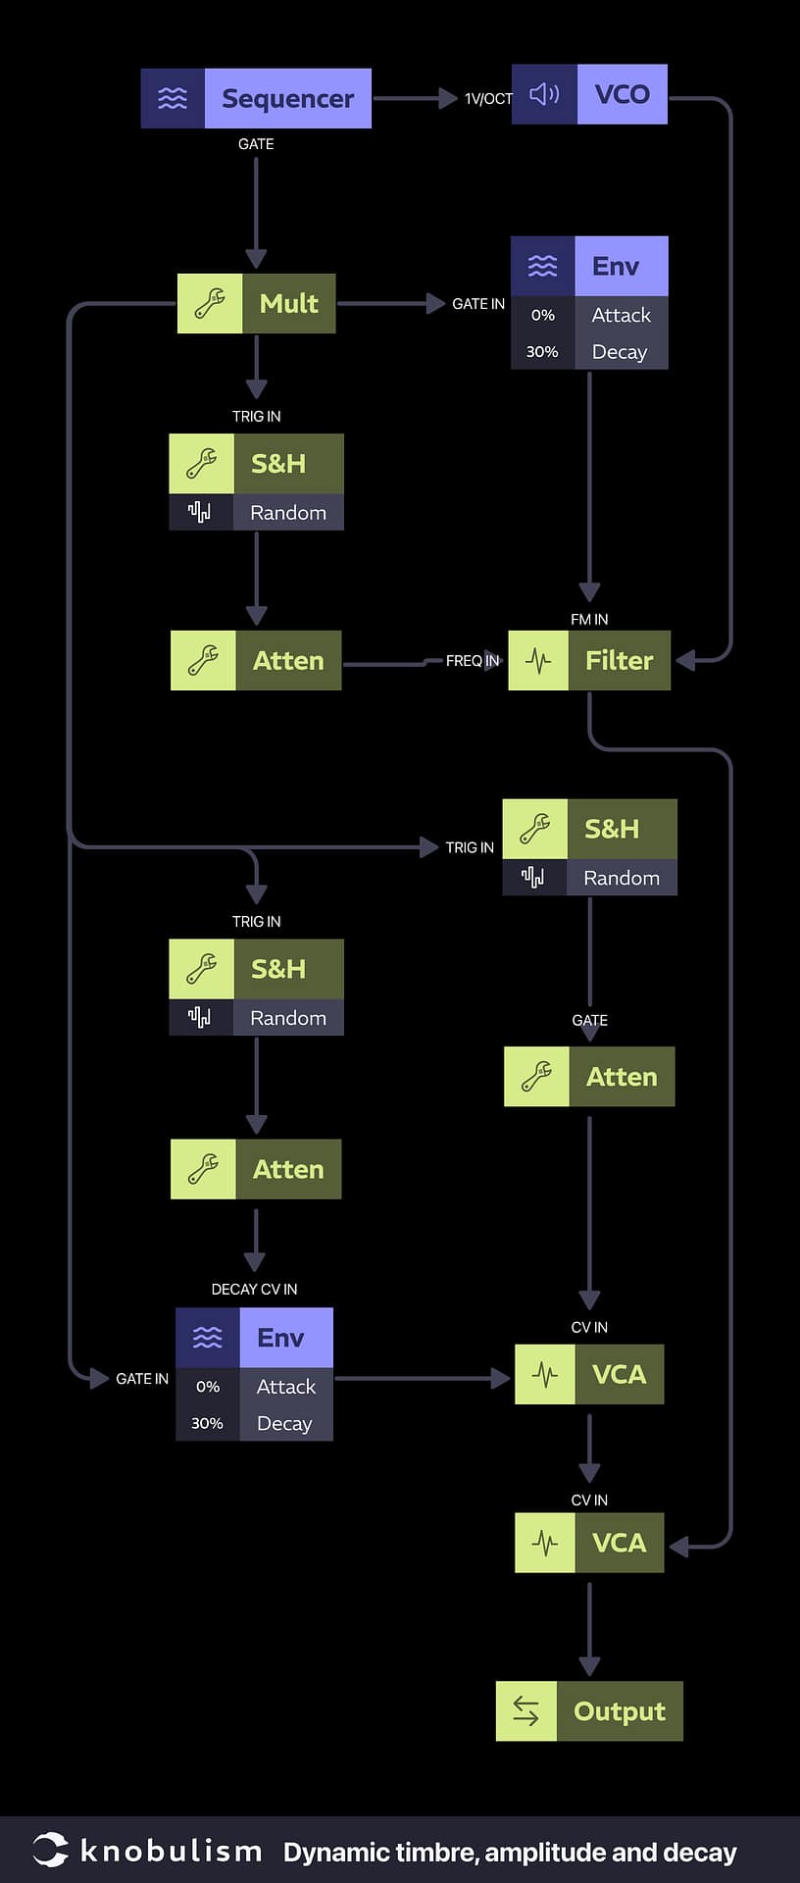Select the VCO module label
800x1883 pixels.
coord(622,94)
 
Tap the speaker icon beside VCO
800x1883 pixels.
coord(544,94)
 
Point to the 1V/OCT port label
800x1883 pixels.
coord(487,99)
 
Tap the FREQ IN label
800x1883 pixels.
coord(473,661)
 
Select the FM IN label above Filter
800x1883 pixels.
coord(589,620)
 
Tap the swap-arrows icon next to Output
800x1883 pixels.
coord(526,1711)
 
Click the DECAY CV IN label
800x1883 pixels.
coord(254,1290)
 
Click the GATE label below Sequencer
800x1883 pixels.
coord(256,144)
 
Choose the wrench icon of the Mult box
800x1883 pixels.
coord(210,304)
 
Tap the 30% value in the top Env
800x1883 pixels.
coord(542,352)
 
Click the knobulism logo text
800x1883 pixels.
coord(171,1851)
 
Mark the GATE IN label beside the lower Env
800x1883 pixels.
coord(142,1379)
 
